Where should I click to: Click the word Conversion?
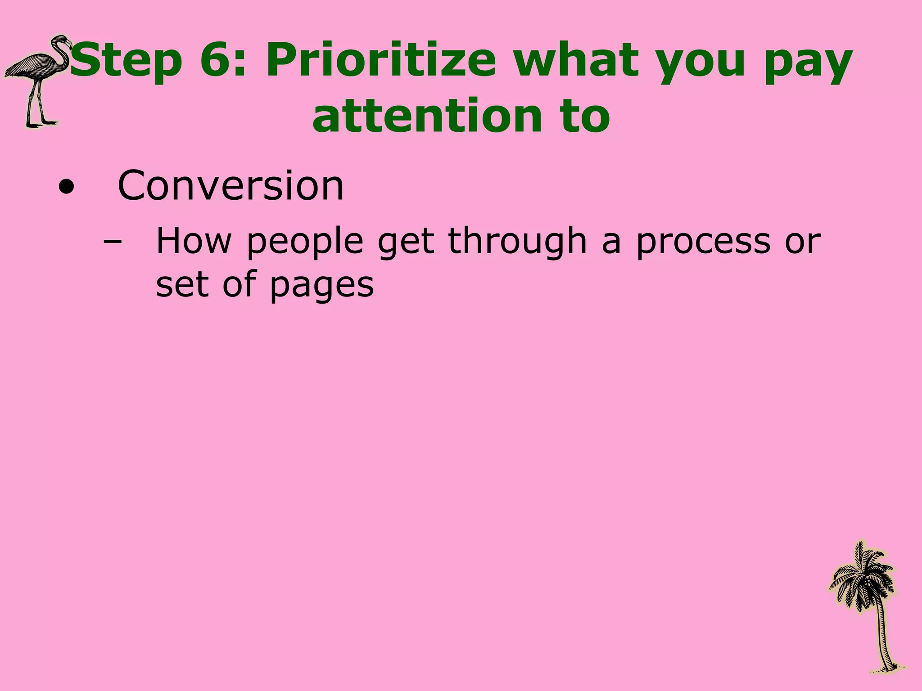[x=230, y=185]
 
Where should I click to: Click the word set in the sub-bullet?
[x=182, y=284]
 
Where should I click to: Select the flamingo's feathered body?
[x=32, y=67]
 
